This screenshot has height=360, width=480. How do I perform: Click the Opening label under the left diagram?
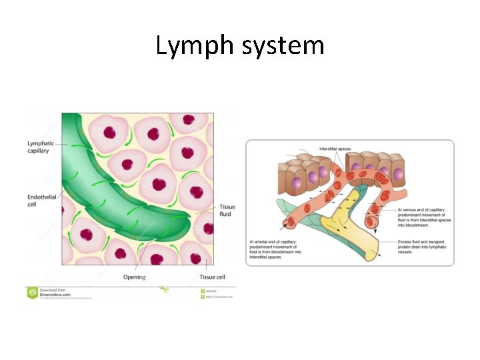coord(135,277)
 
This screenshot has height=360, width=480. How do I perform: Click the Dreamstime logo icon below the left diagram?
coord(32,292)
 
